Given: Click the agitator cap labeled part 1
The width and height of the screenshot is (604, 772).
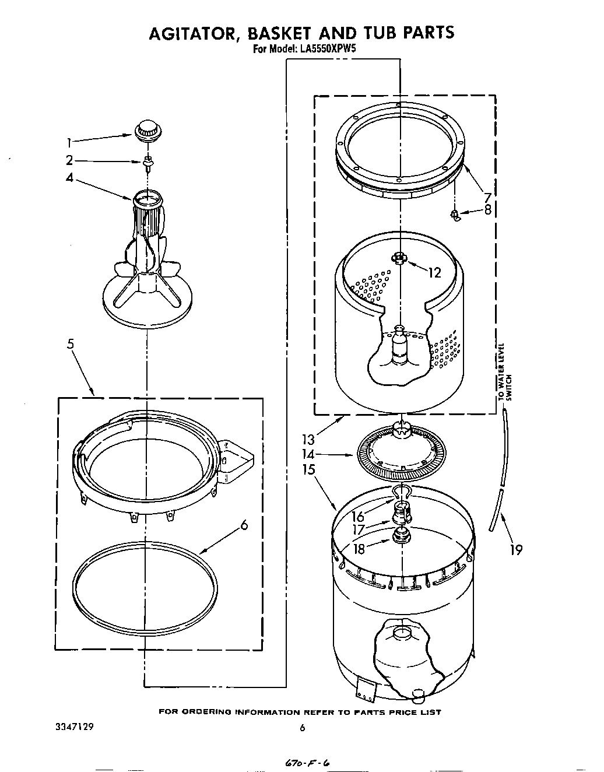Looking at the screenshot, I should [x=147, y=130].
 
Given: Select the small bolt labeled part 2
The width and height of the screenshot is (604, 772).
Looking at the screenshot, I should [x=148, y=163].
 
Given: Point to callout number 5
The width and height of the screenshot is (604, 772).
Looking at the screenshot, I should [x=70, y=344].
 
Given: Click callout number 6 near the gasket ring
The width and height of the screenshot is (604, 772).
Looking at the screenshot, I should [x=244, y=525].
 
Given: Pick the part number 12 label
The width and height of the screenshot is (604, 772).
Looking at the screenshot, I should [x=434, y=272].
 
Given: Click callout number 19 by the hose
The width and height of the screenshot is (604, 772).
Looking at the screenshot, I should [x=515, y=549].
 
